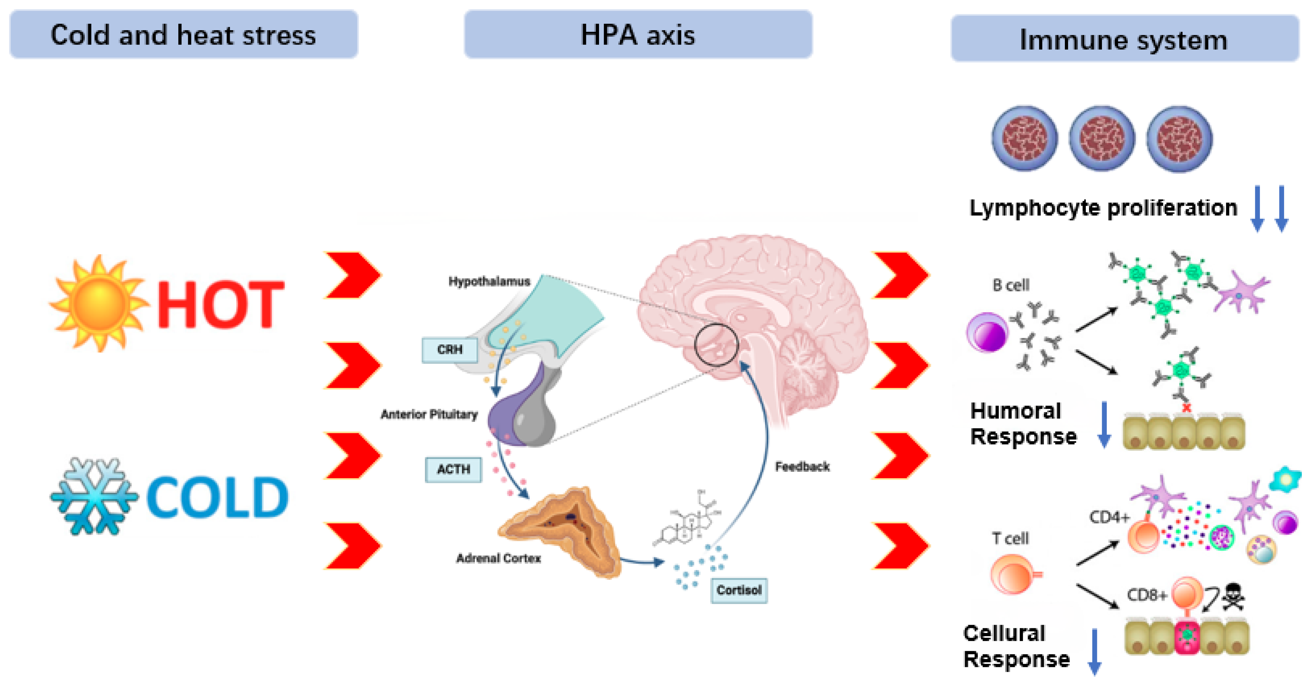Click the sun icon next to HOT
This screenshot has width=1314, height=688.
click(99, 304)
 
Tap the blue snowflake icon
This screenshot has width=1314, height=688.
click(94, 496)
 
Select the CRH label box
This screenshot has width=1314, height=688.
click(449, 350)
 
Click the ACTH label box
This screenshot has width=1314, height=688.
click(453, 469)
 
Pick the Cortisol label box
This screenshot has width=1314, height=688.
click(739, 590)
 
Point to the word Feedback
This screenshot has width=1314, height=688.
click(802, 466)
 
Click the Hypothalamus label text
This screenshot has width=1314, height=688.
click(489, 281)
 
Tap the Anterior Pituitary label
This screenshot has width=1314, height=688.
click(429, 414)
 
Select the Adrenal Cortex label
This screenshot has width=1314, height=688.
click(498, 558)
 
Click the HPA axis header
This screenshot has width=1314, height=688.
click(638, 35)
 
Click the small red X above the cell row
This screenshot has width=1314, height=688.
click(1187, 408)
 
